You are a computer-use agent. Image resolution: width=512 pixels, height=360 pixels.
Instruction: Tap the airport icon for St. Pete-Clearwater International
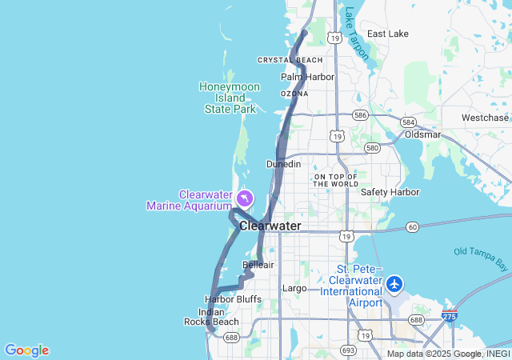click(394, 284)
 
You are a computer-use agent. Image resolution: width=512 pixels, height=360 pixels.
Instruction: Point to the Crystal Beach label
click(290, 60)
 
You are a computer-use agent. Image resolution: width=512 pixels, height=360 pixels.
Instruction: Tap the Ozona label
click(294, 94)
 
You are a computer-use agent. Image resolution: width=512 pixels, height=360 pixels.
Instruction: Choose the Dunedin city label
click(283, 164)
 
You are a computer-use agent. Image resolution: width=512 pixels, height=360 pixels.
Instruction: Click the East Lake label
click(387, 34)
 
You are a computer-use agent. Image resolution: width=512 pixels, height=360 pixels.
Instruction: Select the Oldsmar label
click(422, 134)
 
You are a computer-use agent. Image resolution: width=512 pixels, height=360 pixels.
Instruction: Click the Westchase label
click(485, 118)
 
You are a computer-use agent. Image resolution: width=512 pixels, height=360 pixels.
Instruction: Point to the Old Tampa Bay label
click(481, 258)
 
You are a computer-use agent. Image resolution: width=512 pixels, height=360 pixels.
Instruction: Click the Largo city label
click(294, 288)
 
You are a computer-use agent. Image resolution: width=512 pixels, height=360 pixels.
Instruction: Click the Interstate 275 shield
click(450, 318)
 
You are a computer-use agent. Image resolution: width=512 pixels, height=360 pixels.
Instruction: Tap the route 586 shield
click(362, 115)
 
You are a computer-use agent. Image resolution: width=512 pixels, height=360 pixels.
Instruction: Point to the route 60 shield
click(412, 227)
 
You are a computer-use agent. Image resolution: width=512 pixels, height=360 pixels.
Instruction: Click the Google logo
click(26, 350)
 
